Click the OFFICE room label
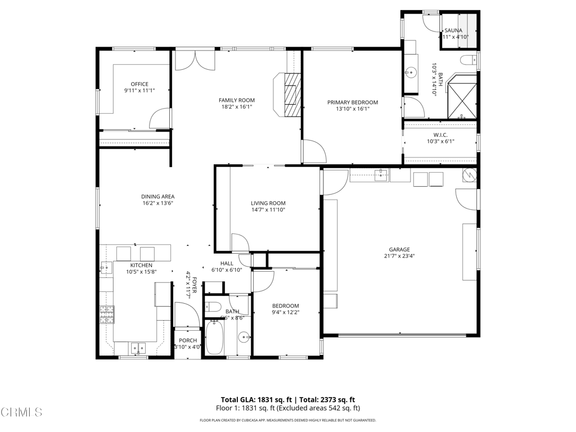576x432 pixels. click(139, 84)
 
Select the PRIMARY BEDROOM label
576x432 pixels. click(353, 102)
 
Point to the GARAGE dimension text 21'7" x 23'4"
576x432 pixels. click(399, 256)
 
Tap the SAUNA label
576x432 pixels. click(453, 30)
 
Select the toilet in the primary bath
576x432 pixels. click(467, 60)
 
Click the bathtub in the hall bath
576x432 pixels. click(214, 337)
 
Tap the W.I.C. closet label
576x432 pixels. click(440, 134)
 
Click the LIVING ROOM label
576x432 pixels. click(268, 203)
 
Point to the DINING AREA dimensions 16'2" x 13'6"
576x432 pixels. click(157, 203)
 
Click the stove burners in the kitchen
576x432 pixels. click(107, 316)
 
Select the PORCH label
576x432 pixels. click(188, 340)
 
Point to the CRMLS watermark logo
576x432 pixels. click(21, 412)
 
